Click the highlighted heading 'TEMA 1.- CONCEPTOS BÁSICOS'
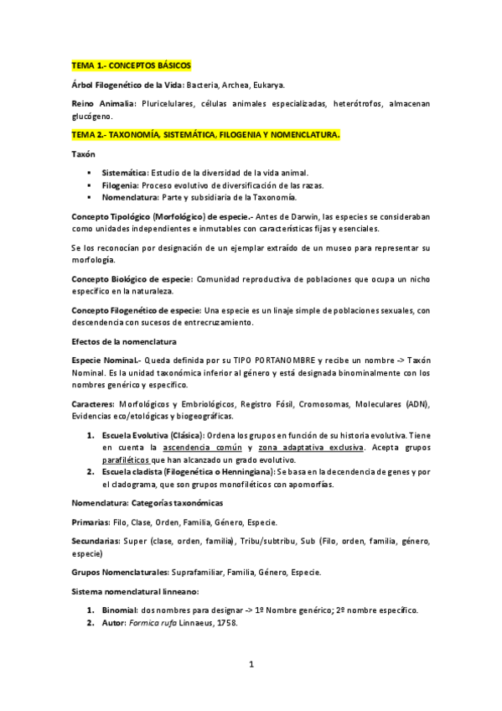click(x=132, y=65)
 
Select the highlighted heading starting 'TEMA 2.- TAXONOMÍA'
click(x=206, y=134)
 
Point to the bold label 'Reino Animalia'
click(x=104, y=103)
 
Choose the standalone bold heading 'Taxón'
click(x=83, y=154)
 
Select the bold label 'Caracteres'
click(x=93, y=404)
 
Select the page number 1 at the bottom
click(x=251, y=665)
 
